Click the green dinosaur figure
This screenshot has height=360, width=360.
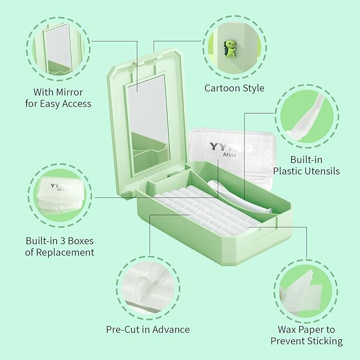tap(230, 48)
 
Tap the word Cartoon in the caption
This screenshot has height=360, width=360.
tap(221, 88)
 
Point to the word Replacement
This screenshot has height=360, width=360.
tap(65, 252)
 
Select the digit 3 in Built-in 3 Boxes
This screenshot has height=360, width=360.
tap(63, 241)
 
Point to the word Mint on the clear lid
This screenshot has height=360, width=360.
tap(230, 154)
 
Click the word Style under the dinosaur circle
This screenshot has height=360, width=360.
tap(252, 89)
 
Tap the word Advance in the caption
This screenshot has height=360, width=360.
tap(171, 329)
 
